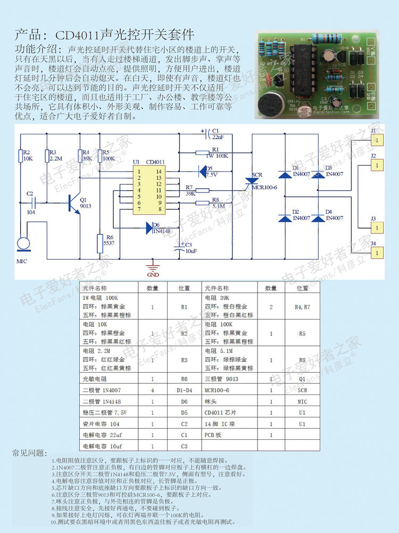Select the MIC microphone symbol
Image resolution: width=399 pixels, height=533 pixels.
pyautogui.click(x=23, y=244)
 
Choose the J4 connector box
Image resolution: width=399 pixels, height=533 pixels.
pyautogui.click(x=376, y=255)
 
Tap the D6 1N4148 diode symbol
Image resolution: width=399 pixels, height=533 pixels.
pyautogui.click(x=149, y=228)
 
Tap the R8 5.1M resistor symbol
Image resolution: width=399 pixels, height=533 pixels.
pyautogui.click(x=204, y=203)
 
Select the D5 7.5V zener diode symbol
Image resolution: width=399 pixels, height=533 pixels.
pyautogui.click(x=202, y=170)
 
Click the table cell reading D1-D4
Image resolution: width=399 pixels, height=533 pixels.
pyautogui.click(x=184, y=390)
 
